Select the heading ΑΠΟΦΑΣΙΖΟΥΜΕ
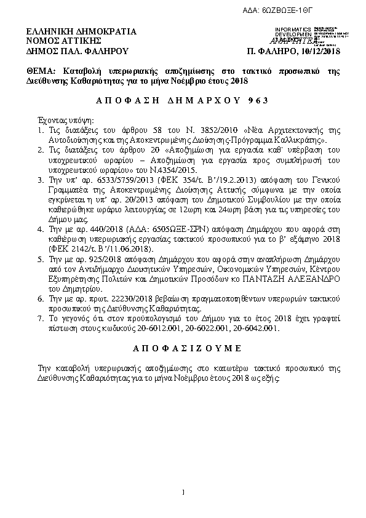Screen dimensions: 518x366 click(187, 348)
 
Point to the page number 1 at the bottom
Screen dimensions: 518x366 click(183, 492)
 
